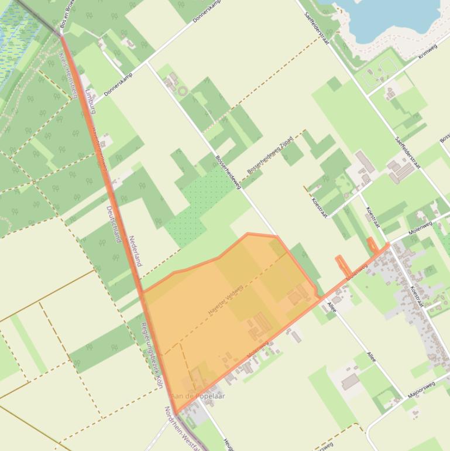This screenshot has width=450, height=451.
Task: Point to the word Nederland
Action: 135,251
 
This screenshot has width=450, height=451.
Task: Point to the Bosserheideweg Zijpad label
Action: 270,155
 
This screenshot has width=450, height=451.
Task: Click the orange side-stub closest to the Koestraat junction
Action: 372,245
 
